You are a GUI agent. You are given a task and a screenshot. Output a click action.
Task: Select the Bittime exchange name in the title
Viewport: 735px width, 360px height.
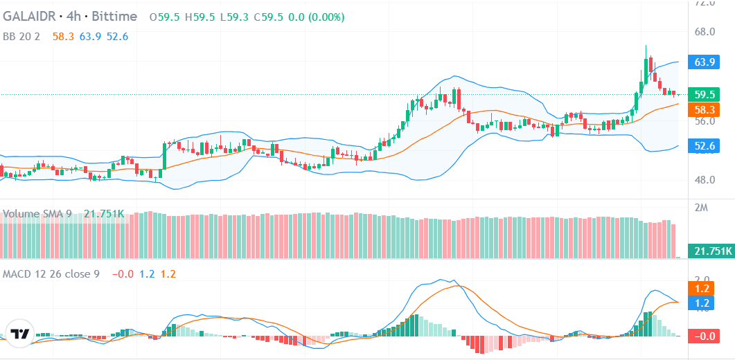point(112,16)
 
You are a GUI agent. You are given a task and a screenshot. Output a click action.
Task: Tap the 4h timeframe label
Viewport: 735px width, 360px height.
point(73,16)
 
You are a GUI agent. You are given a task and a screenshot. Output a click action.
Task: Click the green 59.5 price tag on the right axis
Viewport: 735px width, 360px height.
point(705,95)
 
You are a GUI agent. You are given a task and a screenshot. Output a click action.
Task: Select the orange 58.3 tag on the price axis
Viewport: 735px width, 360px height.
point(705,109)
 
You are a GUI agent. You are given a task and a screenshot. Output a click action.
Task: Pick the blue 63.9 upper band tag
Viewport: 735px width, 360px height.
point(705,62)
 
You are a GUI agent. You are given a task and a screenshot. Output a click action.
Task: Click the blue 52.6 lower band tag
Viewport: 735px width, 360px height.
point(705,145)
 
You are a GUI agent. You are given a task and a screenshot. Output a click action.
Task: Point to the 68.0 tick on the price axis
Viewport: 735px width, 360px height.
point(705,32)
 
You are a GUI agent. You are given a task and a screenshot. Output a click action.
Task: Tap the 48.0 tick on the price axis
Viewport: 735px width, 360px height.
point(705,180)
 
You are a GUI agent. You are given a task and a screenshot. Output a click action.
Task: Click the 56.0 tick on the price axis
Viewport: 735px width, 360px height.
point(705,121)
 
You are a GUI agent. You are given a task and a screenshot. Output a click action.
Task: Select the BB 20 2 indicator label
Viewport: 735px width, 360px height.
point(23,36)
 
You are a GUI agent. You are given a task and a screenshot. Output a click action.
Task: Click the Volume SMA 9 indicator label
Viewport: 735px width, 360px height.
point(37,214)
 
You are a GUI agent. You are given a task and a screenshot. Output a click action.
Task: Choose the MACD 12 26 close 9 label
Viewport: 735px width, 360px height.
point(51,273)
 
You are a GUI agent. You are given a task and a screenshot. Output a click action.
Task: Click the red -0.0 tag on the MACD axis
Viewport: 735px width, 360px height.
point(705,336)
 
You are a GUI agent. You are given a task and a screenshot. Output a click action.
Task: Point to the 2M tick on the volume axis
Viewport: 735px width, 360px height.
point(700,208)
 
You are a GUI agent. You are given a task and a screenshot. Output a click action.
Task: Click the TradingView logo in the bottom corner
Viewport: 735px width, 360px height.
point(19,334)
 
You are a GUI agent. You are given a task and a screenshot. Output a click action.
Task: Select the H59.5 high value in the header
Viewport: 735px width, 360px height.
point(199,16)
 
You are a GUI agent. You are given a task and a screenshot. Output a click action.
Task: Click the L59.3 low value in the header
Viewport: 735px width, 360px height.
point(232,16)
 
